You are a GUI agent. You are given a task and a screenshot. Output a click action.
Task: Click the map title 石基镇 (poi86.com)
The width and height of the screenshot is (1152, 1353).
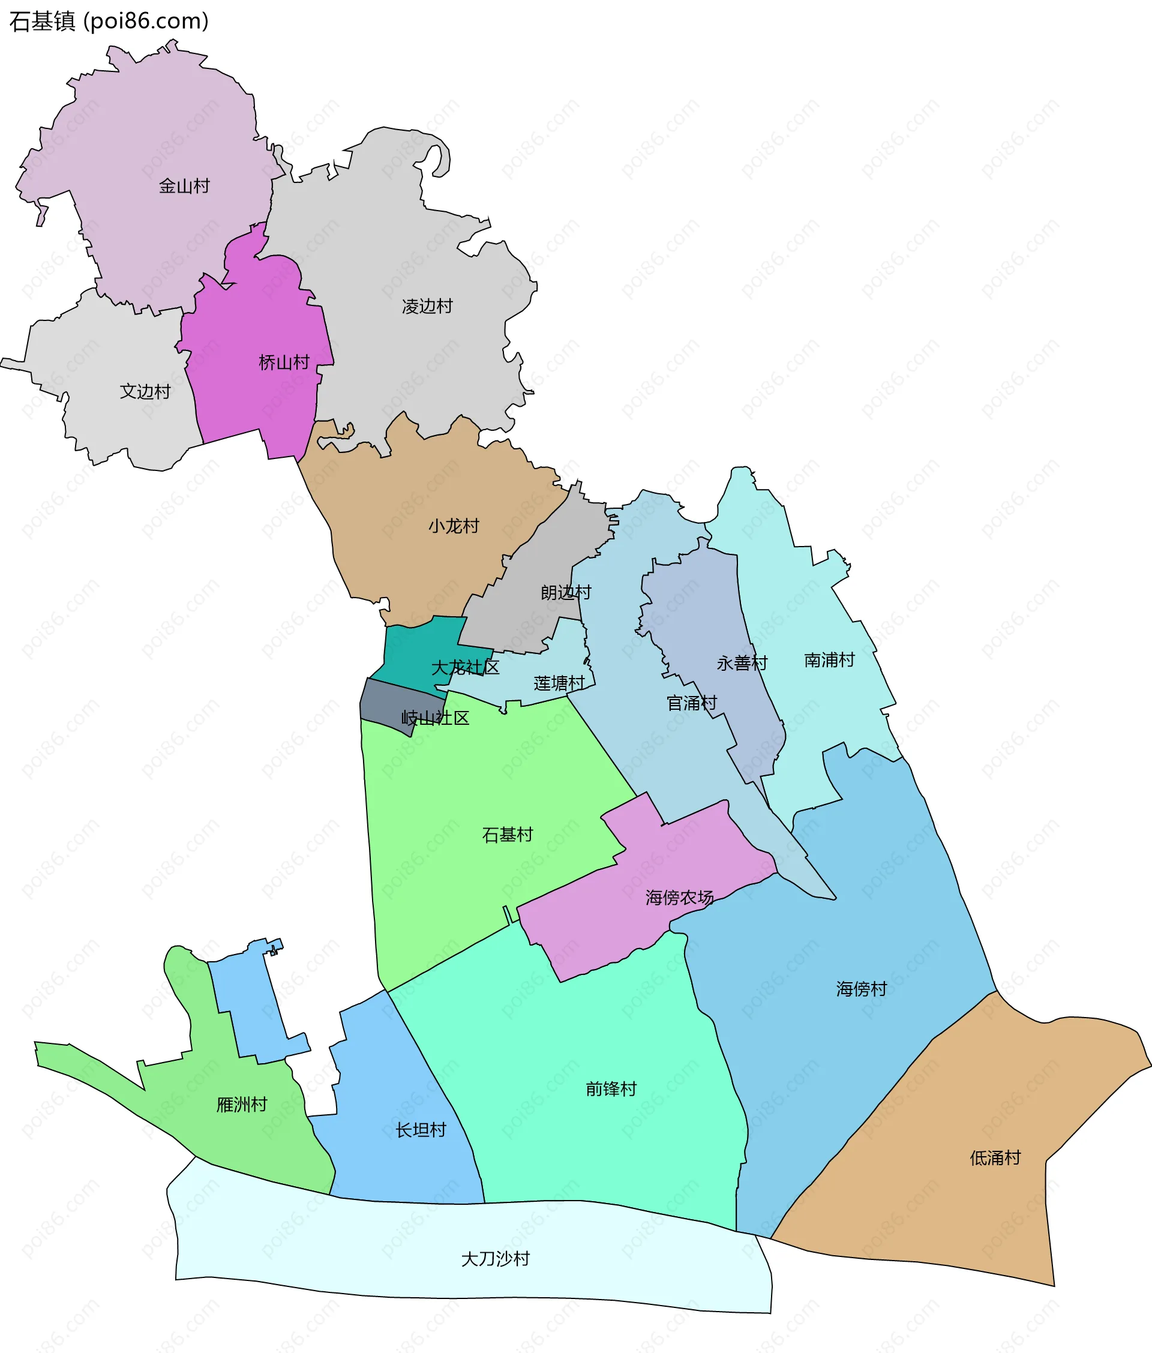tap(109, 22)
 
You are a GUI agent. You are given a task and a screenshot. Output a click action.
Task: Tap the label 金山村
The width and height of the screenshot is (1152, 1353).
tap(184, 186)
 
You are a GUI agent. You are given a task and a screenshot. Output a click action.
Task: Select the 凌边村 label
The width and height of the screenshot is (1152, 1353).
tap(427, 306)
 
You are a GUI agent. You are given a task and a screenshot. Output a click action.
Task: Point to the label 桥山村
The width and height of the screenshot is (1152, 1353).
tap(284, 362)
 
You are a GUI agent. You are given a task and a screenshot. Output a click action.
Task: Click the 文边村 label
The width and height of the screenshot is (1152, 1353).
tap(145, 391)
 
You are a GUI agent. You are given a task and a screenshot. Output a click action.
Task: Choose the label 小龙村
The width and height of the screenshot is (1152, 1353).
tap(454, 526)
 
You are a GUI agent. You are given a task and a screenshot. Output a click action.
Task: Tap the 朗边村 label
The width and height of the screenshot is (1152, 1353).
tap(566, 592)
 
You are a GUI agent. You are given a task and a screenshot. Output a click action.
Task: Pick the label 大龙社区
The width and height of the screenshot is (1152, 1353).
tap(465, 667)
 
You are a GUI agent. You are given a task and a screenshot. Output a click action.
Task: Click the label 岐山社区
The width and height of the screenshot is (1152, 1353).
tap(435, 718)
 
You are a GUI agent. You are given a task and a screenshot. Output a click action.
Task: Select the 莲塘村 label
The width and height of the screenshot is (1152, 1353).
tap(559, 683)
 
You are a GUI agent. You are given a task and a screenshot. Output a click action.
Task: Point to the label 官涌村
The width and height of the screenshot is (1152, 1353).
tap(692, 703)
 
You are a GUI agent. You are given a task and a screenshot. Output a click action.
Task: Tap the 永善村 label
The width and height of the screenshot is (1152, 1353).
tap(742, 664)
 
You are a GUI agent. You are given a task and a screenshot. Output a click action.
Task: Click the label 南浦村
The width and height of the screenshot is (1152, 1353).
tap(829, 660)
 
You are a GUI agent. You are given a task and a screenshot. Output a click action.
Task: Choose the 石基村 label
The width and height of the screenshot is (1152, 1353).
tap(508, 835)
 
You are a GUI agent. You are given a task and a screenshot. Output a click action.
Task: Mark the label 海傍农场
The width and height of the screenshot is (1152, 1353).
tap(679, 898)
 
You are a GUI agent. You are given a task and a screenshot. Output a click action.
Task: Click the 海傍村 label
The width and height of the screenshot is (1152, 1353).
tap(862, 989)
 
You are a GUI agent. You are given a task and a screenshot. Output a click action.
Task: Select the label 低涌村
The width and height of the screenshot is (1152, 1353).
tap(995, 1158)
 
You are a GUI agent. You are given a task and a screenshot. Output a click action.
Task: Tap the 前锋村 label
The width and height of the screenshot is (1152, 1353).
tap(611, 1088)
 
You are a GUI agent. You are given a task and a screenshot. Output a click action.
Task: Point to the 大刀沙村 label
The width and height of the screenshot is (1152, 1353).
tap(495, 1259)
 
